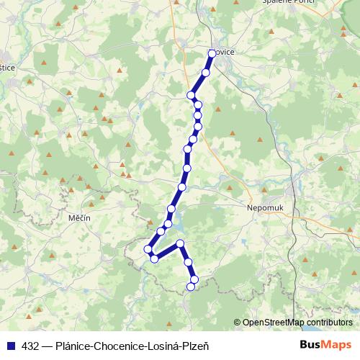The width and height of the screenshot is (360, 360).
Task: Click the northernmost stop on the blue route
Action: pyautogui.click(x=212, y=53)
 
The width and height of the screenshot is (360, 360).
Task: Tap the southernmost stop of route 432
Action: pyautogui.click(x=191, y=287)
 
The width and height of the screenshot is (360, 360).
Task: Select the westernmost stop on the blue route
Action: pyautogui.click(x=148, y=249)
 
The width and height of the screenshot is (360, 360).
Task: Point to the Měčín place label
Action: pyautogui.click(x=78, y=217)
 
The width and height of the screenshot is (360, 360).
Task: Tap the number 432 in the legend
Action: pyautogui.click(x=30, y=345)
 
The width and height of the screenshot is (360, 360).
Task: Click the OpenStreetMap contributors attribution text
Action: pyautogui.click(x=297, y=323)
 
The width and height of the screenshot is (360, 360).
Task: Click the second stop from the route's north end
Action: pyautogui.click(x=206, y=73)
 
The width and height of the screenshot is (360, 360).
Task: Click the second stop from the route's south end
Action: pyautogui.click(x=194, y=278)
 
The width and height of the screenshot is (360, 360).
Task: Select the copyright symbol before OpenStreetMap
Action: pyautogui.click(x=237, y=323)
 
